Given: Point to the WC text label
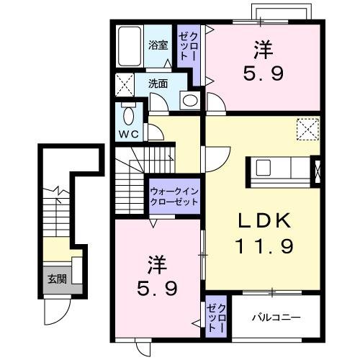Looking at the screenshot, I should coord(129,133).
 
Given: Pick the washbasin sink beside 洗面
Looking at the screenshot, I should coord(190,101).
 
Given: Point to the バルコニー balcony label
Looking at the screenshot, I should coord(276,318).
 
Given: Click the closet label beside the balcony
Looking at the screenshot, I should coord(216,318).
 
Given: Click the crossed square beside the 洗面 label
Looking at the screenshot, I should coord(125,84).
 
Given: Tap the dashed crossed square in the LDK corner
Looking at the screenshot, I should coord(308,130).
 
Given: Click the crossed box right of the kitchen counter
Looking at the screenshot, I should coord(318,171).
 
